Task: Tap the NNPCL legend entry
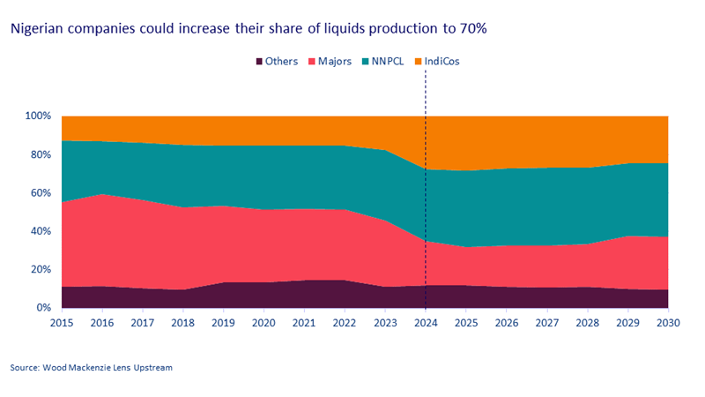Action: pyautogui.click(x=391, y=62)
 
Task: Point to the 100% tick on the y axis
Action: pyautogui.click(x=38, y=116)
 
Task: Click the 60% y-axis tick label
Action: pyautogui.click(x=41, y=193)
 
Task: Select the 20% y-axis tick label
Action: pyautogui.click(x=41, y=269)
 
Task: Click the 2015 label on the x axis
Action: pyautogui.click(x=62, y=323)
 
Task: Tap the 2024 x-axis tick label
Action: pyautogui.click(x=426, y=323)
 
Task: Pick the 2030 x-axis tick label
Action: pyautogui.click(x=668, y=323)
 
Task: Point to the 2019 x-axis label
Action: pyautogui.click(x=224, y=323)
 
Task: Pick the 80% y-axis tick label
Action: pyautogui.click(x=41, y=154)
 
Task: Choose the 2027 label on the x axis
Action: pyautogui.click(x=547, y=323)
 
